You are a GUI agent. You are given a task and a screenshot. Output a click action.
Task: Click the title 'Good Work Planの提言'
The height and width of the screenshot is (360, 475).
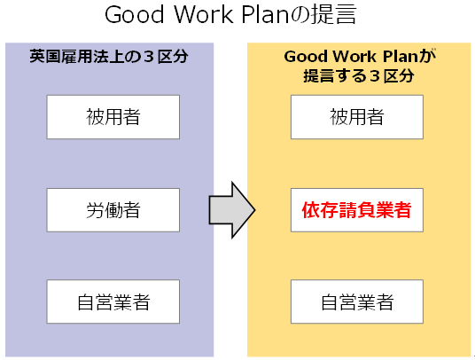230,14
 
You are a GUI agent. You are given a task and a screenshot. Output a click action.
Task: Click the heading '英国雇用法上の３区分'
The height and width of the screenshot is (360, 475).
109,57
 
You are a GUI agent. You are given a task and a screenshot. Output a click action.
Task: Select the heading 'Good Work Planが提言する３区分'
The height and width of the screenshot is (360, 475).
359,66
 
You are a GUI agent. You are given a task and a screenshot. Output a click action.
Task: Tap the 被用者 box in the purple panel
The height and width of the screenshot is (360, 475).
113,117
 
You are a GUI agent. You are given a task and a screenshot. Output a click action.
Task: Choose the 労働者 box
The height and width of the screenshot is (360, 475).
113,210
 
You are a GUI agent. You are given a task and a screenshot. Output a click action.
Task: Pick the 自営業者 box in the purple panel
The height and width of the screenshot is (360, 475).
113,301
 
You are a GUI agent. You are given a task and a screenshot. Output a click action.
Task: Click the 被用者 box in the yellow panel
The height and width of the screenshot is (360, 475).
357,117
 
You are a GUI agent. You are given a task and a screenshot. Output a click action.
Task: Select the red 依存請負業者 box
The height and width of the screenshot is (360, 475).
357,210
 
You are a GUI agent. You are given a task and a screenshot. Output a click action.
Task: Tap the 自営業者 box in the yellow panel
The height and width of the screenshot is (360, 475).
357,301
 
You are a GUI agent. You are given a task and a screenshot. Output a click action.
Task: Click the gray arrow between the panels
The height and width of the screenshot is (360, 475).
232,210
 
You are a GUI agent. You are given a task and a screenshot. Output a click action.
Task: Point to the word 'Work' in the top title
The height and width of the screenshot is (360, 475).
204,14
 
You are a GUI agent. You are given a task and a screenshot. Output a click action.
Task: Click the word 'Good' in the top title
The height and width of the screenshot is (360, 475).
135,14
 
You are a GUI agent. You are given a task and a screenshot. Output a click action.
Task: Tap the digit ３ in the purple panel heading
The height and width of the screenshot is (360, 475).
149,57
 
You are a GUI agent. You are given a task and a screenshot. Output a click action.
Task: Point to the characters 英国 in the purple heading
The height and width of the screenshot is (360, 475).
45,57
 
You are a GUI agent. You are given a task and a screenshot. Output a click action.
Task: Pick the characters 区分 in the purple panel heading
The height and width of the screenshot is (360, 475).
173,57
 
